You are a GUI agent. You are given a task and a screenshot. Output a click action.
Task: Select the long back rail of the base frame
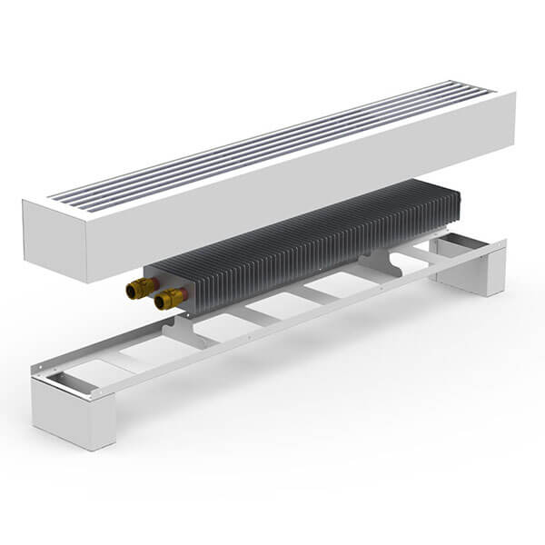[x=272, y=291]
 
